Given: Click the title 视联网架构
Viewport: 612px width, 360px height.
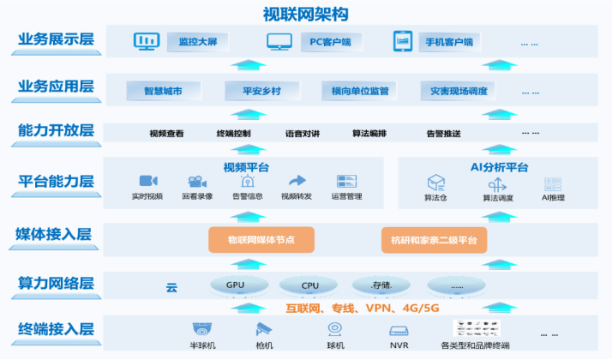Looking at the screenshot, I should (306, 14).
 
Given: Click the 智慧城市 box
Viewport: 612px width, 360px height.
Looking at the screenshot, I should (163, 90).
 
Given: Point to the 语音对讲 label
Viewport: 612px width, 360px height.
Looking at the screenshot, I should (302, 133).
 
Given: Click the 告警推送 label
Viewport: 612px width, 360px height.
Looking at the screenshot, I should (443, 133).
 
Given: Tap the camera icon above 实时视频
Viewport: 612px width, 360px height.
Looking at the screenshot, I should (148, 181).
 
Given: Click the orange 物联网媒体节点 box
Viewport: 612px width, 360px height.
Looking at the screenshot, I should (261, 239).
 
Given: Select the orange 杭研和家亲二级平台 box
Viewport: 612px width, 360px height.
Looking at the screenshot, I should (434, 239).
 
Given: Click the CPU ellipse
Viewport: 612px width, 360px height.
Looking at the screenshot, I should (309, 285).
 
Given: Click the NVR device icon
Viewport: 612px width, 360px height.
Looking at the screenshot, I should (399, 329).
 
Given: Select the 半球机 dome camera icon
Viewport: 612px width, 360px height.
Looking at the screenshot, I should (202, 328).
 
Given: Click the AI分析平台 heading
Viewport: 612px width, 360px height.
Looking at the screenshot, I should (500, 167).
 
